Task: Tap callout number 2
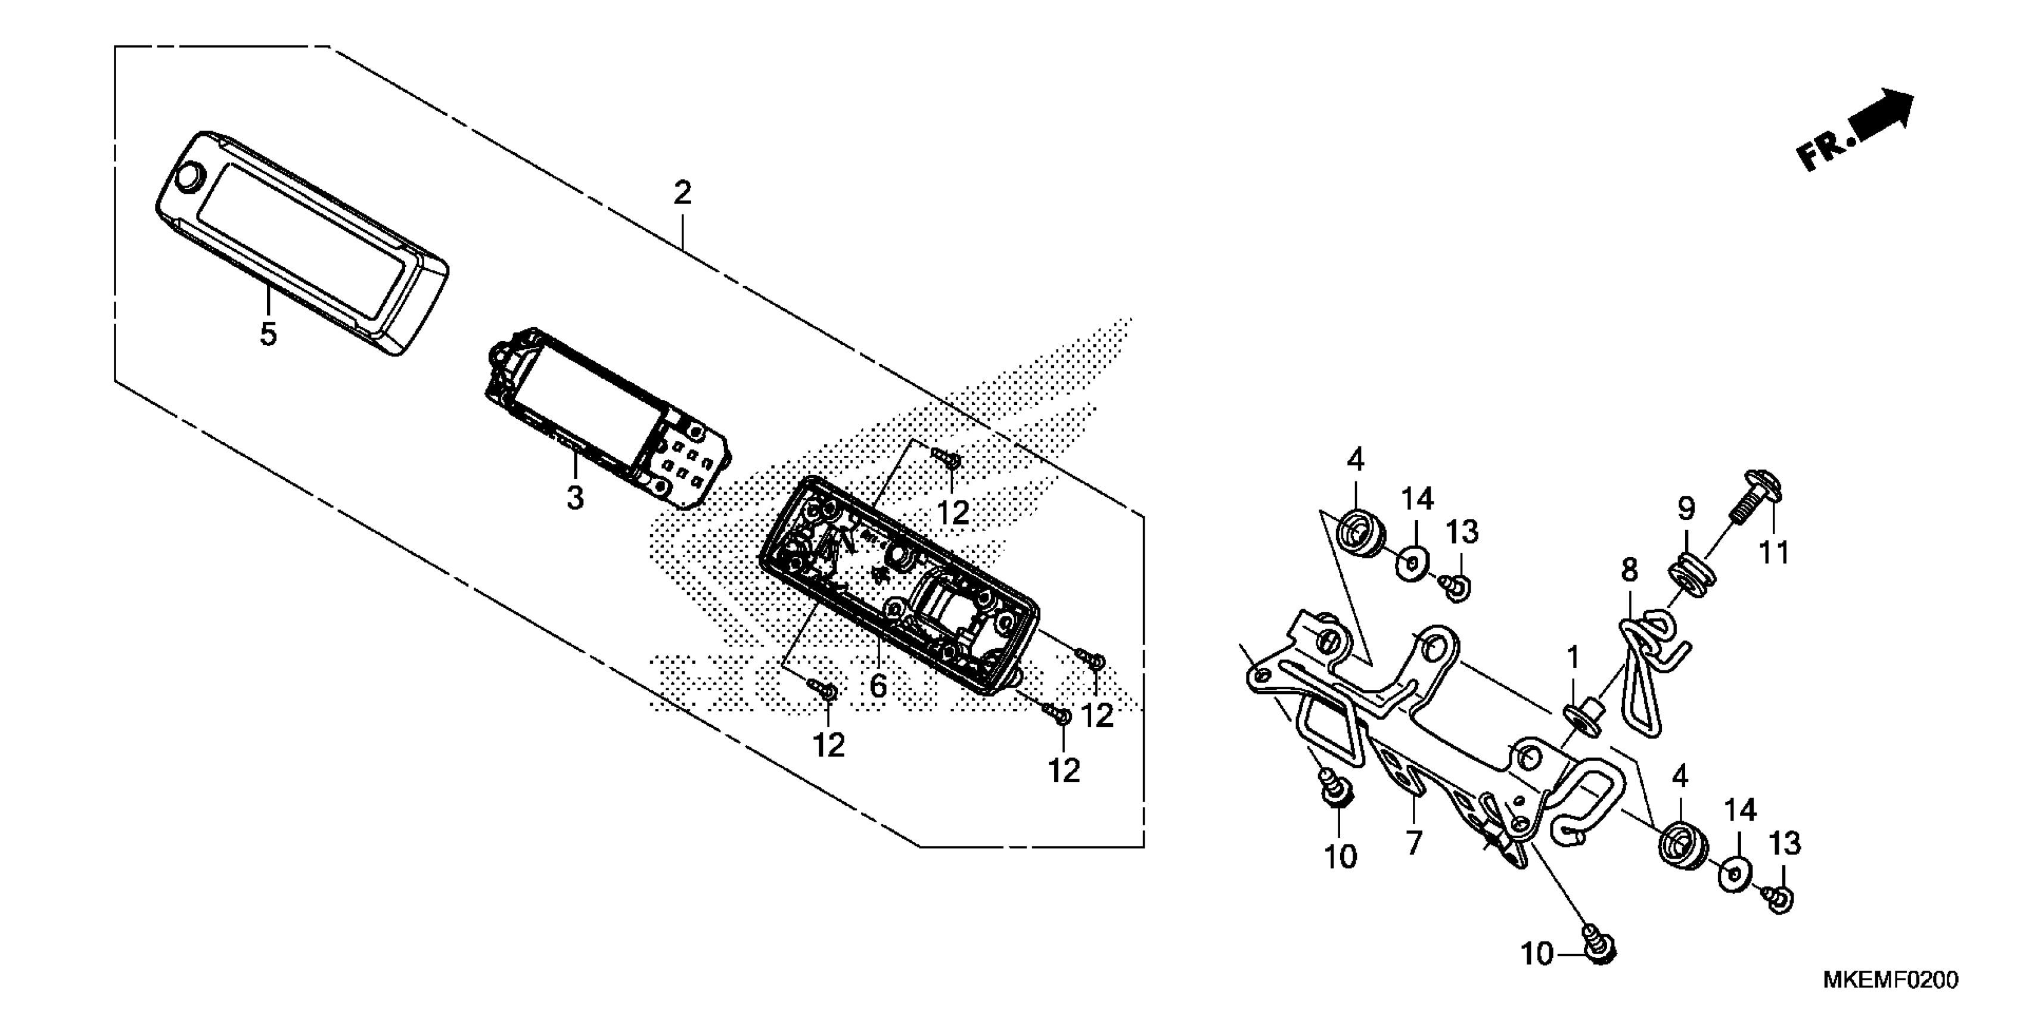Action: (x=682, y=192)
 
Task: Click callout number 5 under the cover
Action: (x=268, y=334)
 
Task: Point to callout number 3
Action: (x=575, y=498)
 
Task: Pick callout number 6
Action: (x=878, y=686)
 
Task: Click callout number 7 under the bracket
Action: (x=1414, y=843)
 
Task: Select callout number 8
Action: (x=1629, y=570)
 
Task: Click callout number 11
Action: (x=1773, y=552)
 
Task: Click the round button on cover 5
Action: (x=189, y=177)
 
